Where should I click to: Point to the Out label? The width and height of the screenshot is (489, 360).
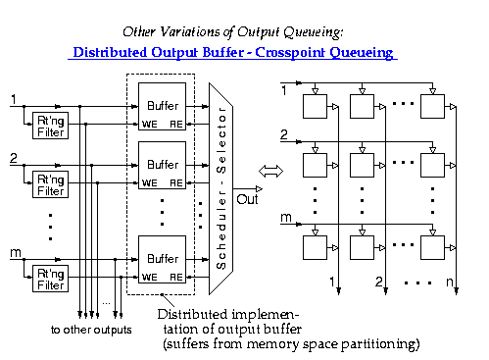point(248,199)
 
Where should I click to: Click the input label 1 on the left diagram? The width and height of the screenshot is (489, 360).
point(13,98)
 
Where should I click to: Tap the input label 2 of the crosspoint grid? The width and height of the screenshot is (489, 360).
point(284,134)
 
